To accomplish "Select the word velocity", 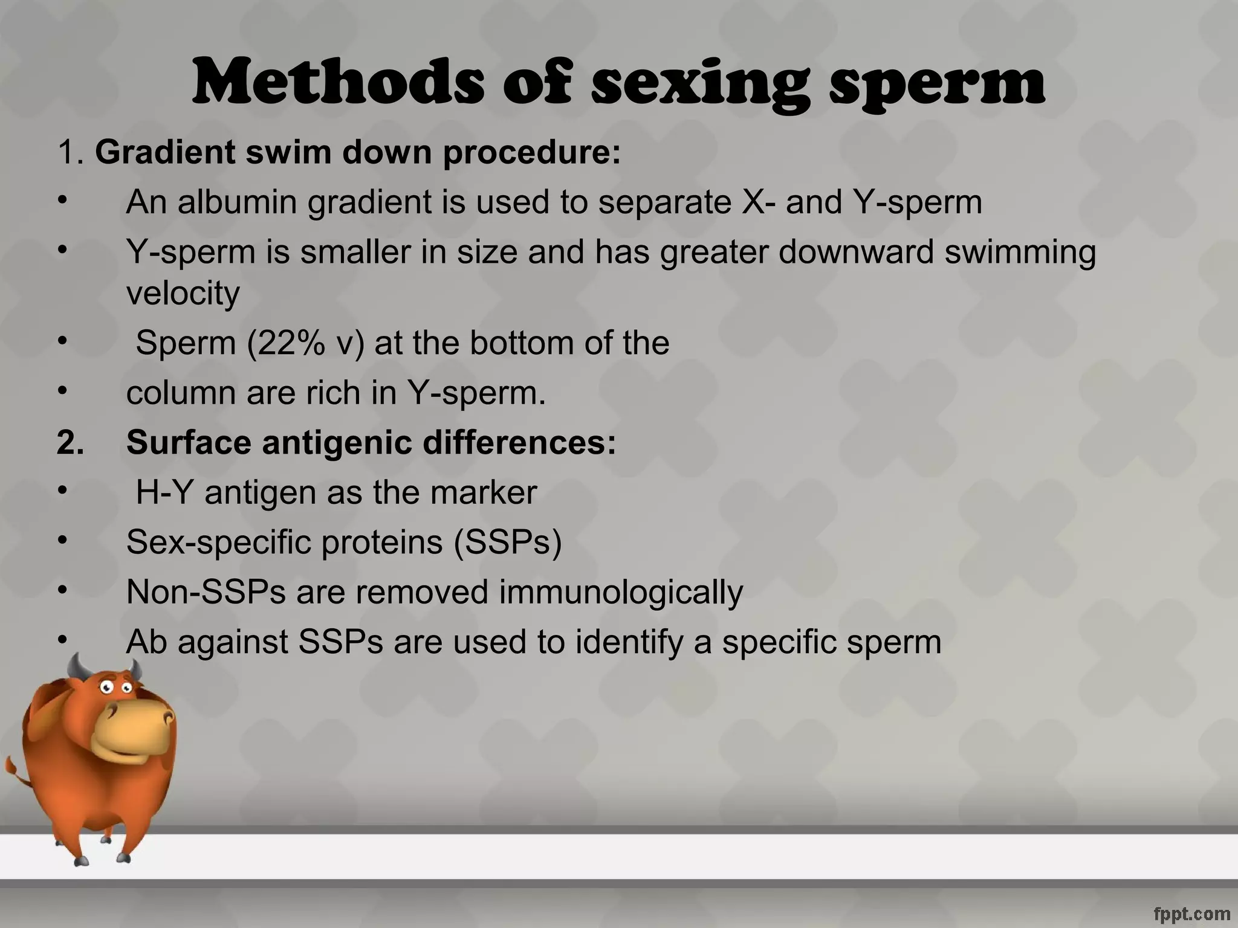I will [x=183, y=293].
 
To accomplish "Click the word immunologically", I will [x=621, y=591].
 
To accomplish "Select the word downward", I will [x=855, y=251].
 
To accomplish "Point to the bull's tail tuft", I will [x=12, y=770].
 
